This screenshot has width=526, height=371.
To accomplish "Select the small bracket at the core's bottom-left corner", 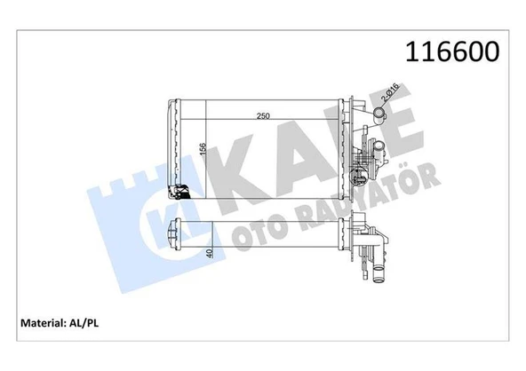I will (180, 192).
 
